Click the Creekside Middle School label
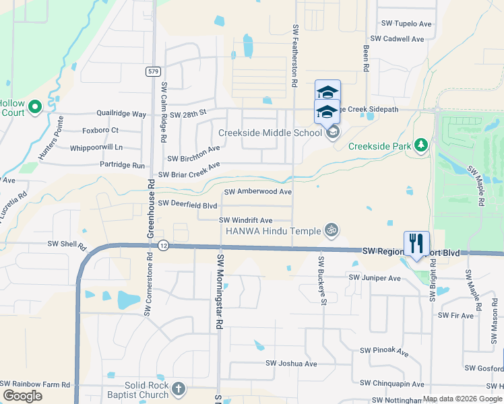(x=270, y=133)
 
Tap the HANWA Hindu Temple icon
(x=330, y=230)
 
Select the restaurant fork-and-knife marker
(x=416, y=243)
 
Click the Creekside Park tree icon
(x=421, y=145)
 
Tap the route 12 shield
(x=163, y=246)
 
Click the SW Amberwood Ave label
(x=258, y=192)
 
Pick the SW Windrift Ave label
(x=245, y=220)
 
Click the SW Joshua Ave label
(x=291, y=364)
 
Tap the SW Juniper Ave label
(x=375, y=277)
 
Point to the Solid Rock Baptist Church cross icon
(x=178, y=389)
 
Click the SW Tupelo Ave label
(x=405, y=24)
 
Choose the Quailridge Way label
(x=121, y=114)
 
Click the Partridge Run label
(x=122, y=165)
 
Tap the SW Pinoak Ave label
(x=384, y=351)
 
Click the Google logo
(x=22, y=395)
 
